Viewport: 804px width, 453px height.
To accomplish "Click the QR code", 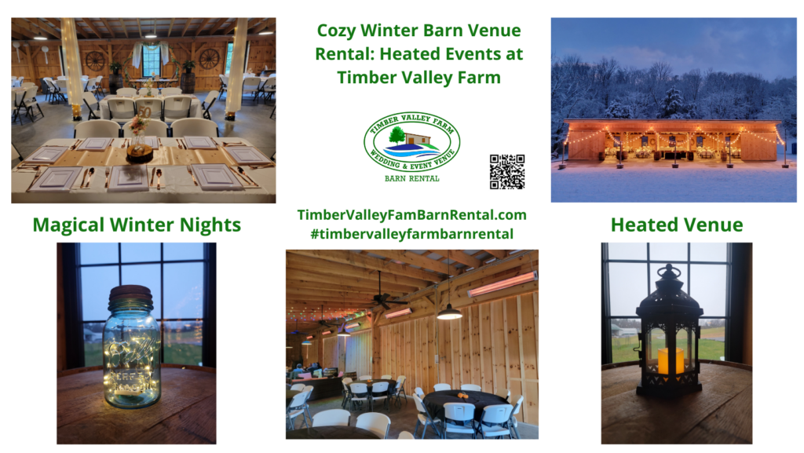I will point(506,172).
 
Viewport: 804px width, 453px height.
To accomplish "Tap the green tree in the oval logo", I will point(397,135).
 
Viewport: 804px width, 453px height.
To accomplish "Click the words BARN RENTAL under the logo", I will point(412,178).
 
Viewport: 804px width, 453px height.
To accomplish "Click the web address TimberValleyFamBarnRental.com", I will point(412,214).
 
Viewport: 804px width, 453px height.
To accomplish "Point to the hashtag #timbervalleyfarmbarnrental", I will point(412,233).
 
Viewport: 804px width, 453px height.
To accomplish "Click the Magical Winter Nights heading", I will point(137,225).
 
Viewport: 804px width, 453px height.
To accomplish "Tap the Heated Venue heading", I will point(676,225).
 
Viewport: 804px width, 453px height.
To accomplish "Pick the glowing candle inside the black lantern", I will point(670,360).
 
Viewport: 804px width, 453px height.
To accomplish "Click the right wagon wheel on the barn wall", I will point(210,59).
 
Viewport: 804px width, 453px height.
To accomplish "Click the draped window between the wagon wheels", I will point(152,58).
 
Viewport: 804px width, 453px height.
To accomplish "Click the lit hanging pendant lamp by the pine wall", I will point(449,315).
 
